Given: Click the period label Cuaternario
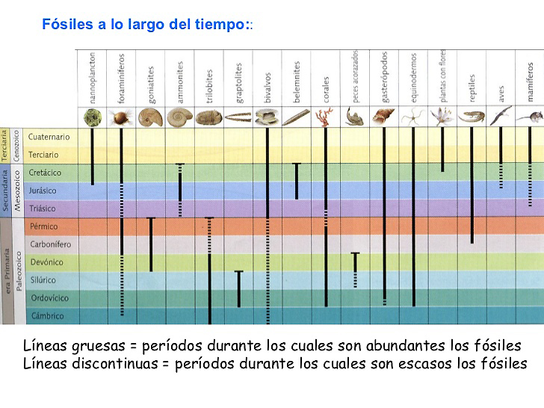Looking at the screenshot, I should pyautogui.click(x=49, y=137).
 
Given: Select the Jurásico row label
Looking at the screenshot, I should pyautogui.click(x=43, y=191).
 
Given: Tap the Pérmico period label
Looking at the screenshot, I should pyautogui.click(x=43, y=226).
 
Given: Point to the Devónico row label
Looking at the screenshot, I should pyautogui.click(x=46, y=262).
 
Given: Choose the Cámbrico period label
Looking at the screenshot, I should pyautogui.click(x=46, y=316).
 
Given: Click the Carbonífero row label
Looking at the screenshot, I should pyautogui.click(x=50, y=244).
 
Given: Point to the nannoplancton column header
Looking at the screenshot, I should pyautogui.click(x=92, y=77).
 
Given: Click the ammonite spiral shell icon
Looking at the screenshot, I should pyautogui.click(x=179, y=117).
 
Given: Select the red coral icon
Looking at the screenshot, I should pyautogui.click(x=325, y=116).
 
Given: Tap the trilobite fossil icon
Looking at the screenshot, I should pyautogui.click(x=208, y=117).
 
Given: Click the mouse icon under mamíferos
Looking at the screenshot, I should pyautogui.click(x=529, y=117).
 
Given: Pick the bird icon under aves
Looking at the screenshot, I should pyautogui.click(x=501, y=115).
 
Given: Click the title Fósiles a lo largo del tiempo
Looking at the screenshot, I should pyautogui.click(x=146, y=25).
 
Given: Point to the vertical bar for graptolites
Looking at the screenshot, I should pyautogui.click(x=238, y=288).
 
